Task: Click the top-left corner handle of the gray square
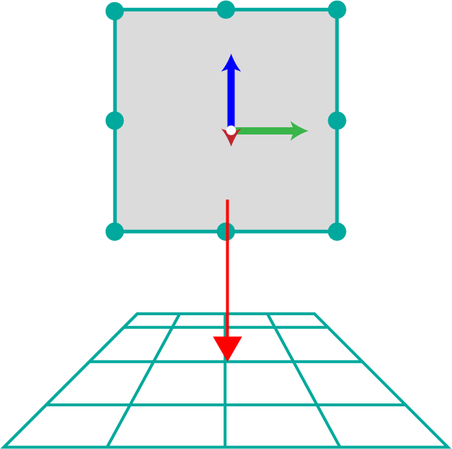tap(115, 11)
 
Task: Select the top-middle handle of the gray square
tap(226, 9)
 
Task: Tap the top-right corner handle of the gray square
tap(337, 9)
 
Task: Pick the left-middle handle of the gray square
tap(115, 120)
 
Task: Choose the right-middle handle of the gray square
tap(337, 120)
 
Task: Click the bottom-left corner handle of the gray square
tap(115, 231)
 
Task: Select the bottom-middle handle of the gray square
tap(226, 231)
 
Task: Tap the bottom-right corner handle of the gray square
tap(337, 231)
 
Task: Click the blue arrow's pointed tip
tap(231, 55)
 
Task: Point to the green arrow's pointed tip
tap(307, 131)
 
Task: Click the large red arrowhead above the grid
tap(227, 348)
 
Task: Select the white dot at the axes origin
tap(231, 130)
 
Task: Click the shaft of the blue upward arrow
tap(231, 98)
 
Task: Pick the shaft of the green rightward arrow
tap(264, 131)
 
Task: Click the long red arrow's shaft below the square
tap(227, 268)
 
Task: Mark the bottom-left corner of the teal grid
tap(4, 447)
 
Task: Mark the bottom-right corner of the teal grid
tap(448, 447)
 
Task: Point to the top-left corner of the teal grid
tap(137, 314)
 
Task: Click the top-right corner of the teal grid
tap(315, 314)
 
